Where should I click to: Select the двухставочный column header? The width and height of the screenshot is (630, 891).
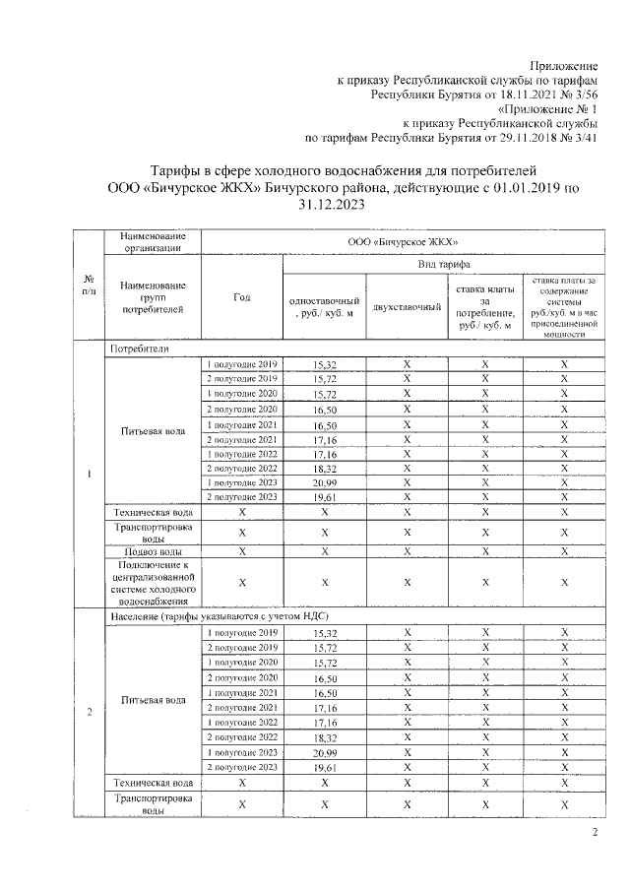(406, 306)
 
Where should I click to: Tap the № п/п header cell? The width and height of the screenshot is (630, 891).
(90, 286)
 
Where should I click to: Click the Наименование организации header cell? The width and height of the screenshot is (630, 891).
(153, 242)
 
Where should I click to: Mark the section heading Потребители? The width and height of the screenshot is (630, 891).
(140, 349)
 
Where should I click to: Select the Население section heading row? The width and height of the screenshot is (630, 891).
(193, 614)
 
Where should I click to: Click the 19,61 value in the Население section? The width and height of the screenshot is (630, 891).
(325, 768)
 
